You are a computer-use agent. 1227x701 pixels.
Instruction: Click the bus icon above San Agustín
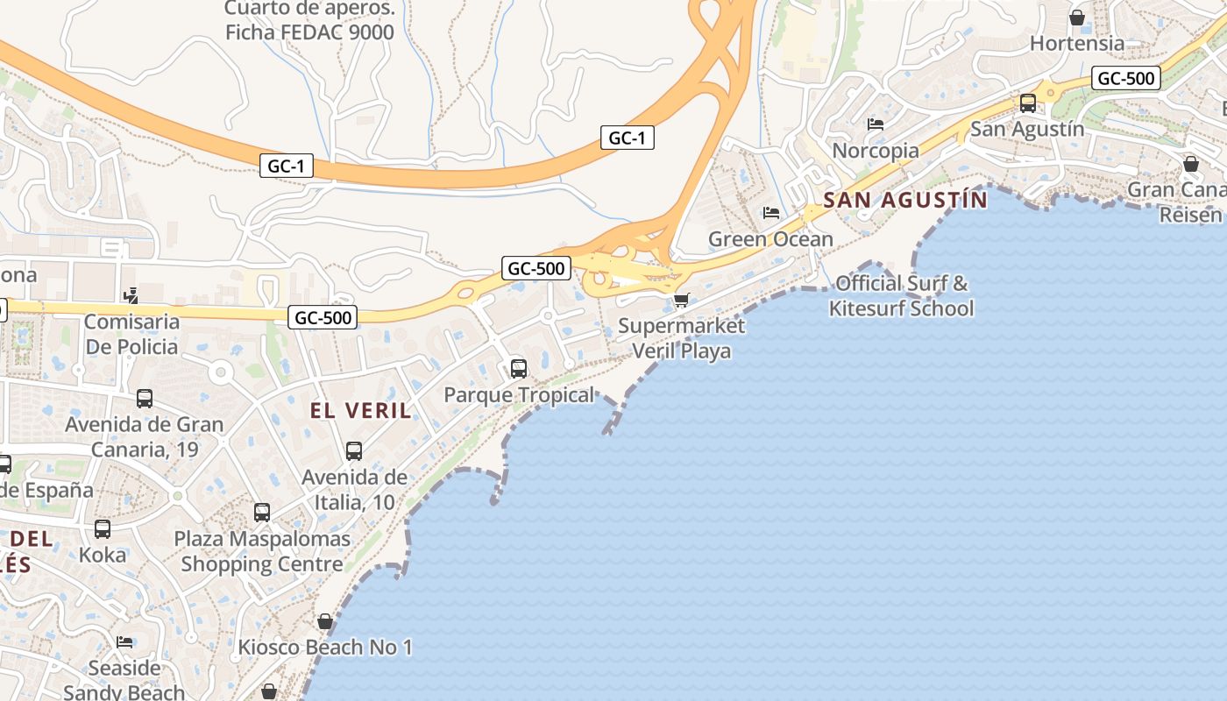click(x=1028, y=103)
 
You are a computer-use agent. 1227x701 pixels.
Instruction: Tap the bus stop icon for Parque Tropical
click(x=519, y=368)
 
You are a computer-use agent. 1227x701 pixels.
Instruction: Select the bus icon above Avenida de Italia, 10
click(x=354, y=451)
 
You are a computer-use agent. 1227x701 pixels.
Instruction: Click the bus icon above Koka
click(x=103, y=529)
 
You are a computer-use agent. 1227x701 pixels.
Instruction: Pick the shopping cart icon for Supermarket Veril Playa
click(x=681, y=301)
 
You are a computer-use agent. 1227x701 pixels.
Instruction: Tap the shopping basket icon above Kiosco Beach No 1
click(x=325, y=621)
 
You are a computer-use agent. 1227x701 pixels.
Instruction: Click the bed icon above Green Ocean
click(x=771, y=213)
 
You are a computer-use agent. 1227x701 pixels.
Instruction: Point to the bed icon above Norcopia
click(x=876, y=124)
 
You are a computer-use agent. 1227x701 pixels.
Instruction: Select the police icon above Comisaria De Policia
click(x=131, y=296)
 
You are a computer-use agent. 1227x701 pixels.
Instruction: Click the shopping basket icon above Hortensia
click(x=1077, y=18)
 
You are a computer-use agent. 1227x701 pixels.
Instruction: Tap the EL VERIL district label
click(x=360, y=410)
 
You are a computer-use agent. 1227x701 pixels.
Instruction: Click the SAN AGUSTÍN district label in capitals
click(x=905, y=201)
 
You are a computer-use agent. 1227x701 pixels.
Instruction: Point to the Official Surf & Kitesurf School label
click(x=901, y=295)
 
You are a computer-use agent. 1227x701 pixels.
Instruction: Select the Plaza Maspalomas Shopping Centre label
click(x=262, y=551)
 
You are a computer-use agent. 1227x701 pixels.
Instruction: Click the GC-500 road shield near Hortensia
click(x=1127, y=78)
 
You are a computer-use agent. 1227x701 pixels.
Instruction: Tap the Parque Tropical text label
click(x=519, y=395)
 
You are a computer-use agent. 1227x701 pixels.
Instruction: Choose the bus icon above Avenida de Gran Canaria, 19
click(x=145, y=399)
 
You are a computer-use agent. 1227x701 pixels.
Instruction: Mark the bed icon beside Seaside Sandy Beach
click(x=124, y=642)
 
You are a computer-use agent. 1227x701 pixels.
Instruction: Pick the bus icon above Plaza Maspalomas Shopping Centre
click(x=262, y=513)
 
